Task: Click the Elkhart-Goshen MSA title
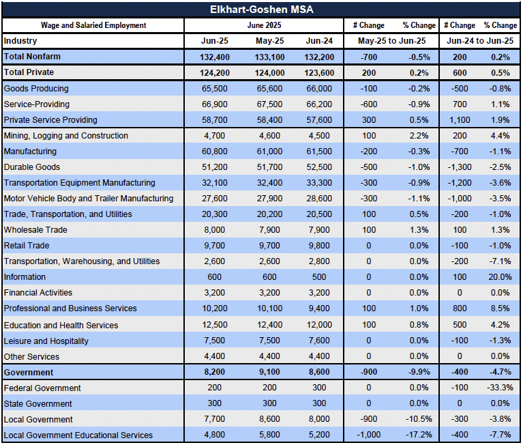(x=262, y=10)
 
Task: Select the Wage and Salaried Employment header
(x=93, y=25)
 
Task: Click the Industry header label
(x=20, y=41)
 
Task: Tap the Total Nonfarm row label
(x=32, y=57)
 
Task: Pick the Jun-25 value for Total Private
(x=215, y=73)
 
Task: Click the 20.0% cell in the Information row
(x=500, y=276)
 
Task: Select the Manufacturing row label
(x=30, y=152)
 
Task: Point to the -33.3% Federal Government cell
(x=500, y=388)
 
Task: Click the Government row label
(x=29, y=372)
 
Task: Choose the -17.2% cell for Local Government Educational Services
(x=419, y=435)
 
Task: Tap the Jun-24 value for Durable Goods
(x=319, y=167)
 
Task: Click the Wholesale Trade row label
(x=35, y=230)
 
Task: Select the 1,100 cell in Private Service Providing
(x=460, y=120)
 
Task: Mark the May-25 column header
(x=269, y=41)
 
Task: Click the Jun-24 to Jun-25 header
(x=480, y=41)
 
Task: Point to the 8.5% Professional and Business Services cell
(x=500, y=308)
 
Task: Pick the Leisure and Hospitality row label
(x=46, y=341)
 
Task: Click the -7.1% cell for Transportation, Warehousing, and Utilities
(x=500, y=261)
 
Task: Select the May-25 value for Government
(x=269, y=372)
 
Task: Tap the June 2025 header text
(x=264, y=25)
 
